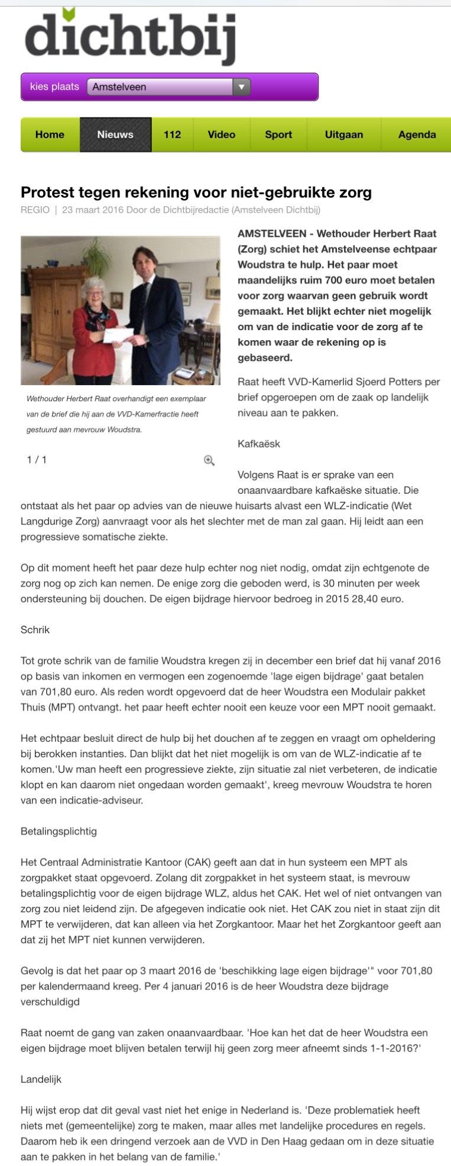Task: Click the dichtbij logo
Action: [x=130, y=37]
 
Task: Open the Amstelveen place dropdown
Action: [x=168, y=87]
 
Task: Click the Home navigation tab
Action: [x=50, y=135]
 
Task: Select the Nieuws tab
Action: [x=115, y=135]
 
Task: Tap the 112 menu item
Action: [x=172, y=135]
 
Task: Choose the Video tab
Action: [x=221, y=135]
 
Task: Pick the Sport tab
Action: [x=278, y=135]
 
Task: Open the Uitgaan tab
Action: [x=343, y=135]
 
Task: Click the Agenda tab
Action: [x=417, y=135]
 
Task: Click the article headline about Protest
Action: [x=196, y=192]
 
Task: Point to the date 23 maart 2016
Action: [x=92, y=210]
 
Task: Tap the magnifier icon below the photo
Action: [x=209, y=461]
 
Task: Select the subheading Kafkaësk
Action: [x=259, y=444]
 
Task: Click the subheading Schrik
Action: [x=35, y=630]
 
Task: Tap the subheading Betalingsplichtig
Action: [x=59, y=831]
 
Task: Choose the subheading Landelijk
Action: [x=41, y=1079]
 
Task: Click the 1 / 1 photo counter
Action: [x=37, y=460]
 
